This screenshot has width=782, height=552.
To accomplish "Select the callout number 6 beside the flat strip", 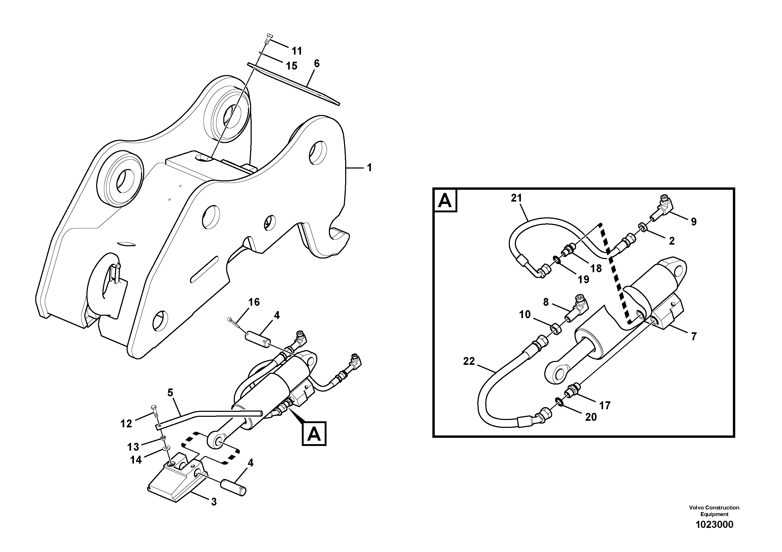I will click(317, 63).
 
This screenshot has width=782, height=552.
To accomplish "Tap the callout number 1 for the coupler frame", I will click(369, 167).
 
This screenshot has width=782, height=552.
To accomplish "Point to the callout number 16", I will click(254, 302).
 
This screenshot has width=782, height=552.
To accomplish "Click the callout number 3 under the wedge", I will click(214, 502).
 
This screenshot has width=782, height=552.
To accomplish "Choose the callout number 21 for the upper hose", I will click(516, 198).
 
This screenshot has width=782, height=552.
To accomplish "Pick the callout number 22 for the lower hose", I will click(469, 361).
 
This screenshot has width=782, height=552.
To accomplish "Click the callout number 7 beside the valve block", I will click(694, 337).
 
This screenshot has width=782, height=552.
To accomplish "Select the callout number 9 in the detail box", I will click(694, 222).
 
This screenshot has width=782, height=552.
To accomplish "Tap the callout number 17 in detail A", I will click(605, 405).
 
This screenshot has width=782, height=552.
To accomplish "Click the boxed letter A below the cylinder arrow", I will click(314, 434).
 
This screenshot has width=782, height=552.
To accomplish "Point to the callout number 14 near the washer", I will click(136, 460).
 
